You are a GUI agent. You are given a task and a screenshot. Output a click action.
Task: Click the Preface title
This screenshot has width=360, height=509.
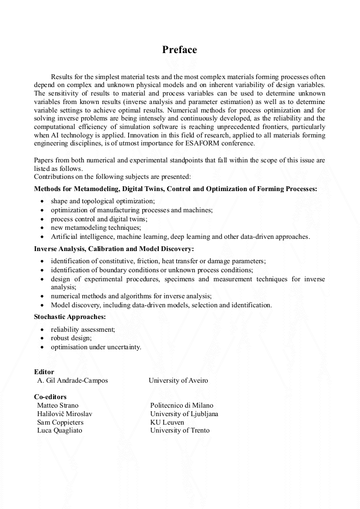click(179, 50)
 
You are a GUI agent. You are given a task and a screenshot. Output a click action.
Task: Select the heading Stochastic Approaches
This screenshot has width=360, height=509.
click(70, 317)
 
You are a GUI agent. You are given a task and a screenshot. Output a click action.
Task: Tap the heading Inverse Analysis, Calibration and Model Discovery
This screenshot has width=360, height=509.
click(114, 248)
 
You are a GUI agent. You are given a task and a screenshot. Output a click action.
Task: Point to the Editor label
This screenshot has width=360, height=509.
click(44, 372)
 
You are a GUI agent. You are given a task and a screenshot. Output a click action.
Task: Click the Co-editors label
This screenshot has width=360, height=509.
click(50, 396)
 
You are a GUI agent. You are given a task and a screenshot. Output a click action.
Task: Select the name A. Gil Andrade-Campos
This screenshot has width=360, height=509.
click(72, 381)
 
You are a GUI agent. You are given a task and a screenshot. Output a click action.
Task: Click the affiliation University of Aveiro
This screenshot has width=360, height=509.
click(178, 381)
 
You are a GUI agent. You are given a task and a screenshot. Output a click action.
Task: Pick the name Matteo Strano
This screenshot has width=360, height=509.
click(58, 406)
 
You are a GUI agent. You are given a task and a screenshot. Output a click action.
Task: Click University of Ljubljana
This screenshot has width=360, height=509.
click(184, 414)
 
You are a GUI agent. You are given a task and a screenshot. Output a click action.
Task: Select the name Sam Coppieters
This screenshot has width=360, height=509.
click(60, 422)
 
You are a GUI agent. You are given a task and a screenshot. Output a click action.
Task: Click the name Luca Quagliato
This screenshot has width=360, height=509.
click(59, 430)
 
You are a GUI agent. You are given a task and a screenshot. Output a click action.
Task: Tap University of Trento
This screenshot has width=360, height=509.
click(179, 430)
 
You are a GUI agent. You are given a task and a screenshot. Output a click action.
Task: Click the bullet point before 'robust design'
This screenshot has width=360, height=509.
click(42, 338)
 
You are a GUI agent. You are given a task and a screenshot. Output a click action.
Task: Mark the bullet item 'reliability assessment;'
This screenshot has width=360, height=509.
click(83, 330)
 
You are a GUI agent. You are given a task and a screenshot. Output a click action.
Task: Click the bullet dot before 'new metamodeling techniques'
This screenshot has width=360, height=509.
click(42, 228)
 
